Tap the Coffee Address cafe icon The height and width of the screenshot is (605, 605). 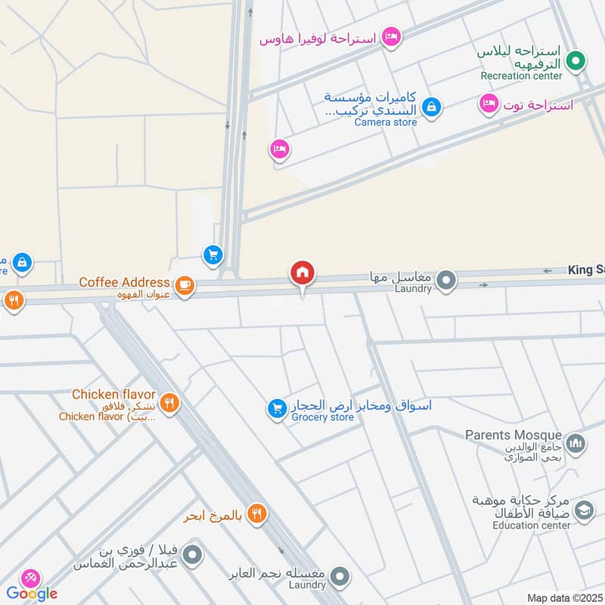[184, 285]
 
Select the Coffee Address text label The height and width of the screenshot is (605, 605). [126, 283]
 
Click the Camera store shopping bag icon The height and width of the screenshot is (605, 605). [430, 107]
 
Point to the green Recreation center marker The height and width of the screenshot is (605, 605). [576, 60]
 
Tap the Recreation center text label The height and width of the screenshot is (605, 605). [522, 76]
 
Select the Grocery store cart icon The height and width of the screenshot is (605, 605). [276, 409]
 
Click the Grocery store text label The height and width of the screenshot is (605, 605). [323, 417]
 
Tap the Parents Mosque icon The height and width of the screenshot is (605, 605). [576, 443]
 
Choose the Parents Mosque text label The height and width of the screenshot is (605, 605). [513, 435]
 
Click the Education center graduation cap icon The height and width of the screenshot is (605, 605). [583, 512]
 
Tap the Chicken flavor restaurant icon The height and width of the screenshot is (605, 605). [169, 403]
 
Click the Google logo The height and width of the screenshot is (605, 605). [32, 593]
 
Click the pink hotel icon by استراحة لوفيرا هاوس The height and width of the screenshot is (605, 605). [390, 36]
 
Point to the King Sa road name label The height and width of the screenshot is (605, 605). [586, 270]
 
